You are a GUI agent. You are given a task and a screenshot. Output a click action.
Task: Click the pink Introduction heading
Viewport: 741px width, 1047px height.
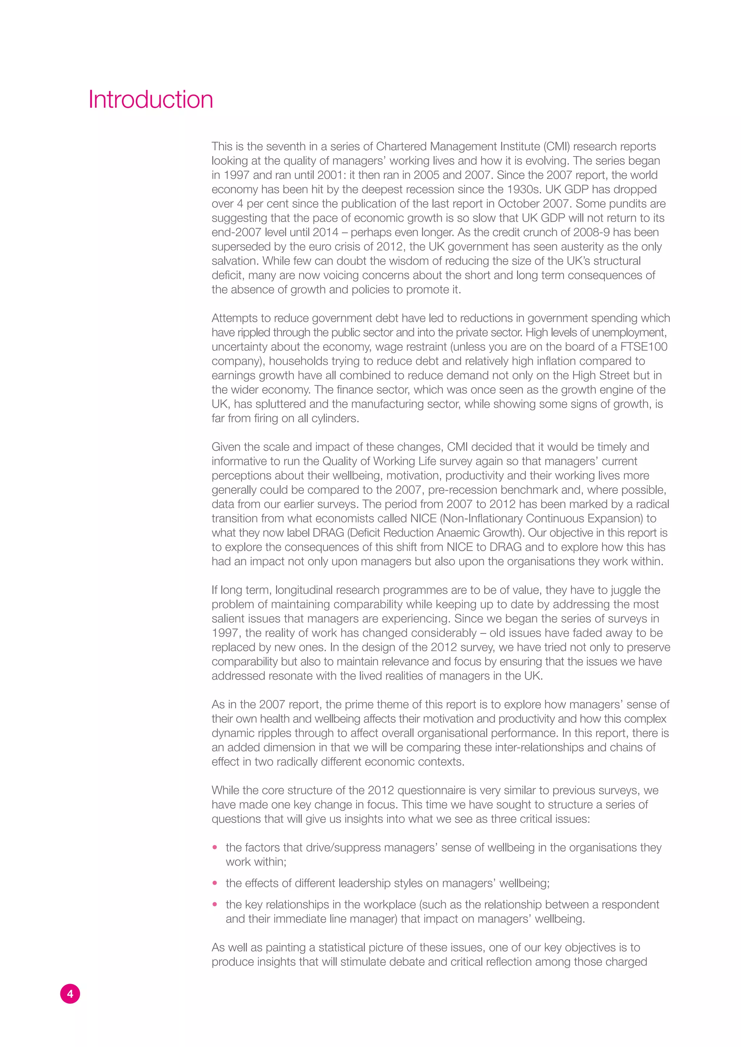pyautogui.click(x=151, y=99)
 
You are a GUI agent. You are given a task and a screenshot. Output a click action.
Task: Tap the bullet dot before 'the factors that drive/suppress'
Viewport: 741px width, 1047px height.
pyautogui.click(x=215, y=848)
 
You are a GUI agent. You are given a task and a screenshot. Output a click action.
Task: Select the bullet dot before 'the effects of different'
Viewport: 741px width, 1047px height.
pyautogui.click(x=215, y=883)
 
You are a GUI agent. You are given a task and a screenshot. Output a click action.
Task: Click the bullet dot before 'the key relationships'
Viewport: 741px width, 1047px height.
pyautogui.click(x=215, y=904)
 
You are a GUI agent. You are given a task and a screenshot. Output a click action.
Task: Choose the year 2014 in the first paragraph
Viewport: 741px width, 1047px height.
pyautogui.click(x=325, y=232)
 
